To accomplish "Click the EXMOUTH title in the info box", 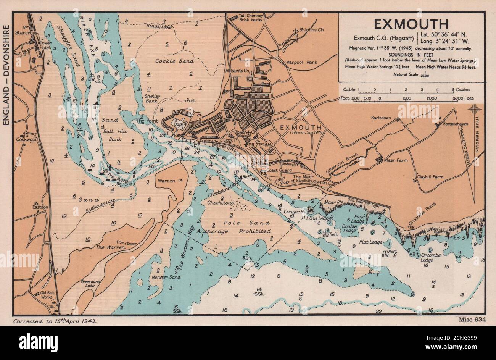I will [x=411, y=24].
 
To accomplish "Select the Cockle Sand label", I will [x=175, y=61].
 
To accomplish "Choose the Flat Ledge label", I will [x=370, y=242].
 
